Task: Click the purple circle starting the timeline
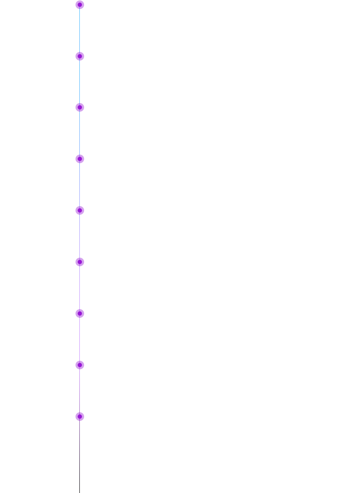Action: click(x=79, y=5)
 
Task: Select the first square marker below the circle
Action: click(x=79, y=56)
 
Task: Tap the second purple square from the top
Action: click(x=79, y=107)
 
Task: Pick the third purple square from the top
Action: click(x=79, y=159)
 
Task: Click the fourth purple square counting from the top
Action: click(x=79, y=210)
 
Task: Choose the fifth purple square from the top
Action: click(x=79, y=262)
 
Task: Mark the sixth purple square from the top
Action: click(x=79, y=313)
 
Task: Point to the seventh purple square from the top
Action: click(x=79, y=365)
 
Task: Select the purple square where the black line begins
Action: click(x=79, y=416)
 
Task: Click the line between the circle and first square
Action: click(x=79, y=30)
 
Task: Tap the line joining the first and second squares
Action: click(x=79, y=82)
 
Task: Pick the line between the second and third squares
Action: click(x=79, y=133)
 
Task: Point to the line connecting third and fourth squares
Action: click(x=79, y=185)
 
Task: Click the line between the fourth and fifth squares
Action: click(x=79, y=236)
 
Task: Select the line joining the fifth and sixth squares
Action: click(x=79, y=287)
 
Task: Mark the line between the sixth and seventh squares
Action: click(x=79, y=339)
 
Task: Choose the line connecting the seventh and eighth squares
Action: click(x=79, y=390)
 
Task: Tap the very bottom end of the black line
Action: click(x=79, y=492)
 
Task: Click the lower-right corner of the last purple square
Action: click(x=83, y=420)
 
